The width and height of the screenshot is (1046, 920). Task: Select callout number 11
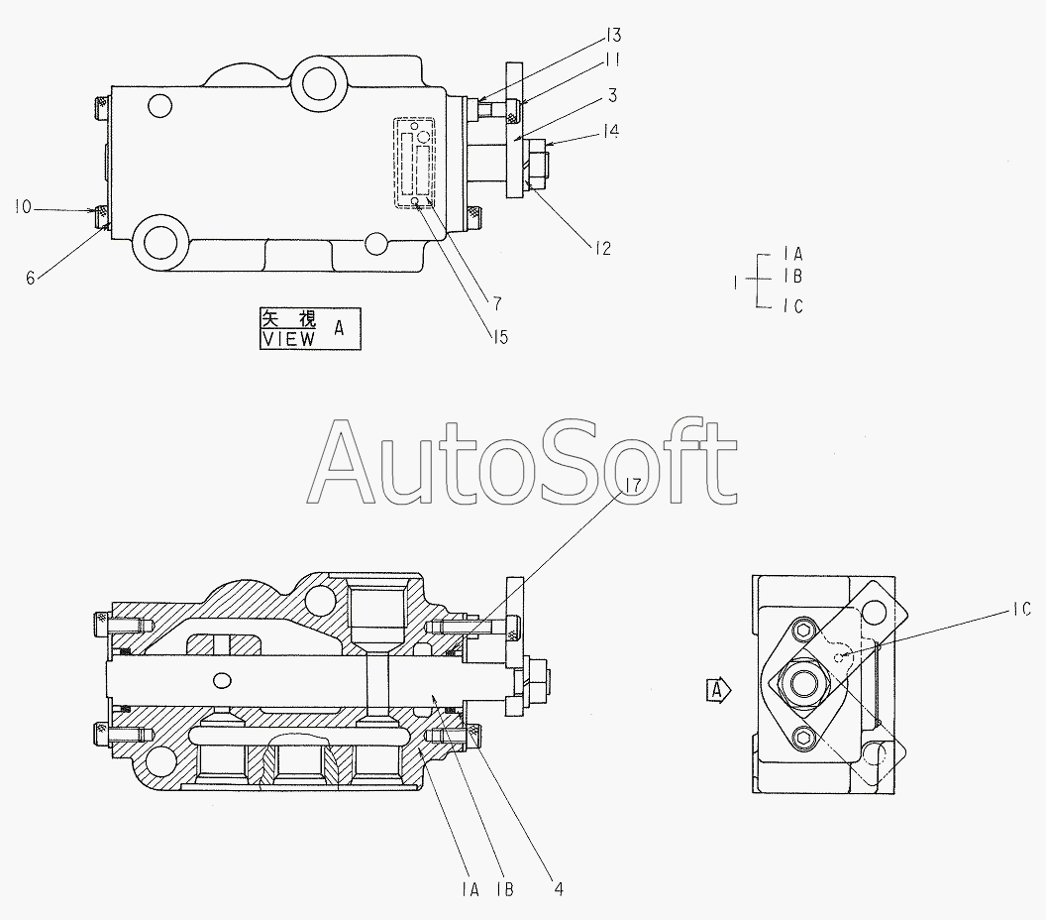(x=615, y=60)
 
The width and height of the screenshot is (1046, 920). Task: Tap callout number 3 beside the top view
(x=613, y=95)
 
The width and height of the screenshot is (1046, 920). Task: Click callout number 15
(x=498, y=337)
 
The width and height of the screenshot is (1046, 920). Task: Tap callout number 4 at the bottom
(x=559, y=889)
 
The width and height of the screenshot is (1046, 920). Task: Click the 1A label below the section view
(x=471, y=889)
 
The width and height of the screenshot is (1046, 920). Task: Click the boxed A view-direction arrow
(x=717, y=687)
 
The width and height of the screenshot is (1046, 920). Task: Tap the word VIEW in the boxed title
(x=288, y=338)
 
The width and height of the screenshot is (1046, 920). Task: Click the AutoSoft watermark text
(x=525, y=461)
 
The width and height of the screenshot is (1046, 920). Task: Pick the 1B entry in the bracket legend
(x=791, y=278)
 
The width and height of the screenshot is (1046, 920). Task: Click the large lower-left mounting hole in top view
(x=159, y=241)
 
